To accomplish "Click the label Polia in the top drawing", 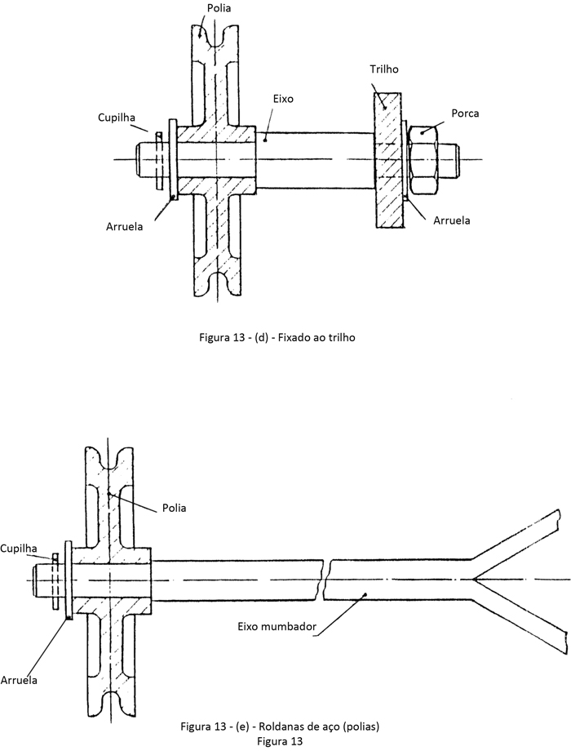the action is [219, 8].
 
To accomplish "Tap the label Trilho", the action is [384, 69].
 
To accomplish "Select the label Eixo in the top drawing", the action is [283, 99].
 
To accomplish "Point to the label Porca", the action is [465, 113].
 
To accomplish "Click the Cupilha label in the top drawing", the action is [117, 118].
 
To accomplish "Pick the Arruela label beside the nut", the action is [451, 220].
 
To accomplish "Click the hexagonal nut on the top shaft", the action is [423, 159].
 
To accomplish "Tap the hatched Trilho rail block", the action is [387, 159].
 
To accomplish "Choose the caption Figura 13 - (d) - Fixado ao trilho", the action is [277, 338].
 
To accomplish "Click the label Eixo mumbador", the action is [277, 626].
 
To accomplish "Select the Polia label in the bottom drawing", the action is [174, 508].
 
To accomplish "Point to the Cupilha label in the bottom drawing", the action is [19, 549].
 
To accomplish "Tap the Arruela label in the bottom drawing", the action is [19, 680].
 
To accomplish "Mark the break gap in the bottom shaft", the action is [325, 579].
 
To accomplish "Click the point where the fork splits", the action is [473, 580].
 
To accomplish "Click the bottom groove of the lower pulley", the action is [108, 702].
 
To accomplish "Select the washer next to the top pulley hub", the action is [173, 159].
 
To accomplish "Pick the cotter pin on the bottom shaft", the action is [55, 582].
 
